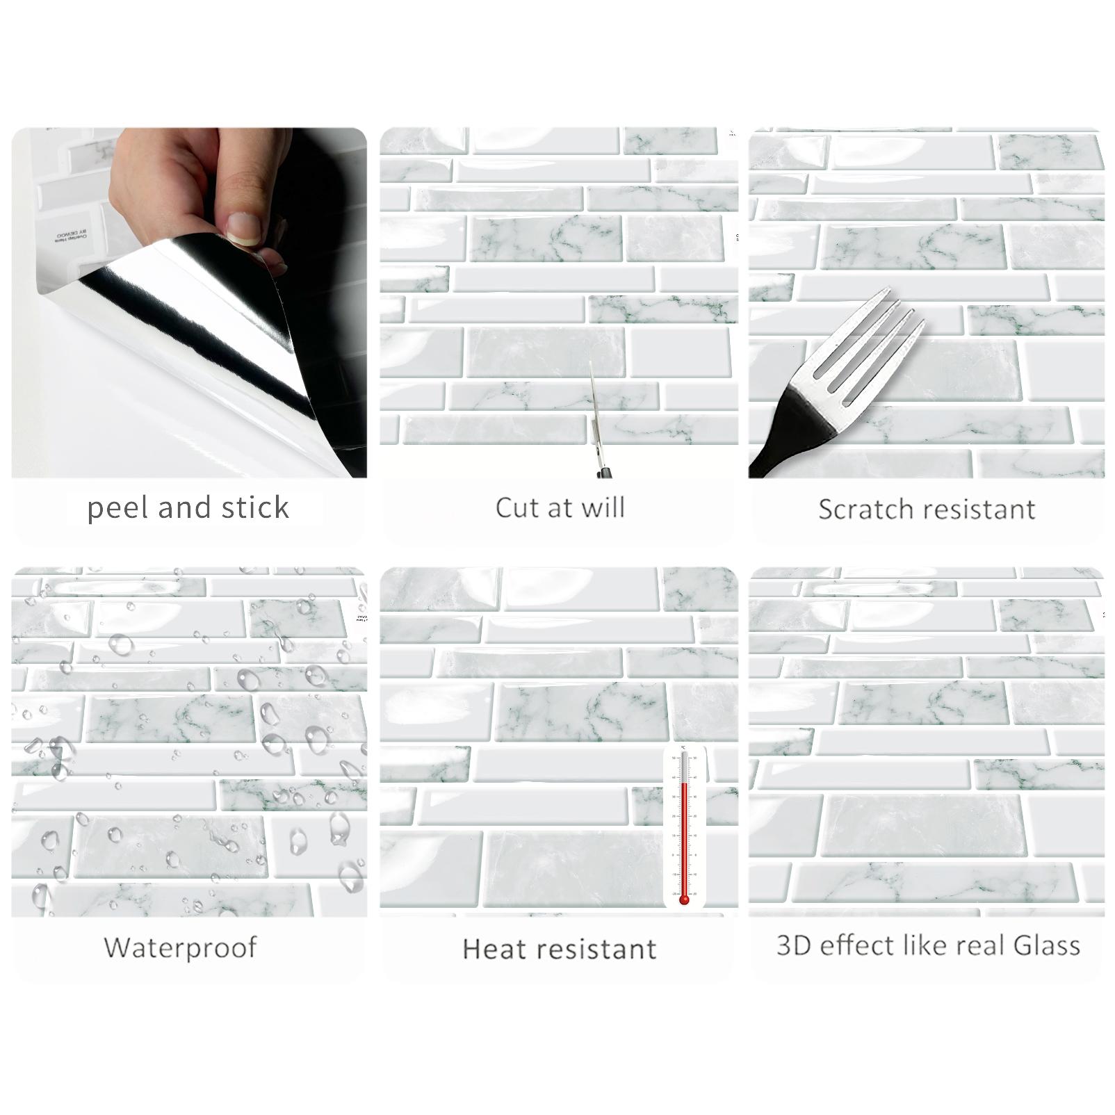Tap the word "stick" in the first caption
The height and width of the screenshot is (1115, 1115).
(x=254, y=508)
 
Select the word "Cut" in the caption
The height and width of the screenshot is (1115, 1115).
(x=516, y=507)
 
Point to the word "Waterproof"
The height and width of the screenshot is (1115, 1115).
(x=180, y=947)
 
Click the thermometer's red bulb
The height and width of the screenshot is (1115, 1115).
(x=684, y=900)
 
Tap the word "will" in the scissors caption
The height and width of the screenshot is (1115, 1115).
(x=603, y=507)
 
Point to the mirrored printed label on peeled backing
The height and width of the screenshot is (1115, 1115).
(x=71, y=234)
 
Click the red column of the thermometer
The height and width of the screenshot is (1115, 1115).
(x=684, y=834)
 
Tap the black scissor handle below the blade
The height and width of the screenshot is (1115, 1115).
(x=602, y=471)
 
